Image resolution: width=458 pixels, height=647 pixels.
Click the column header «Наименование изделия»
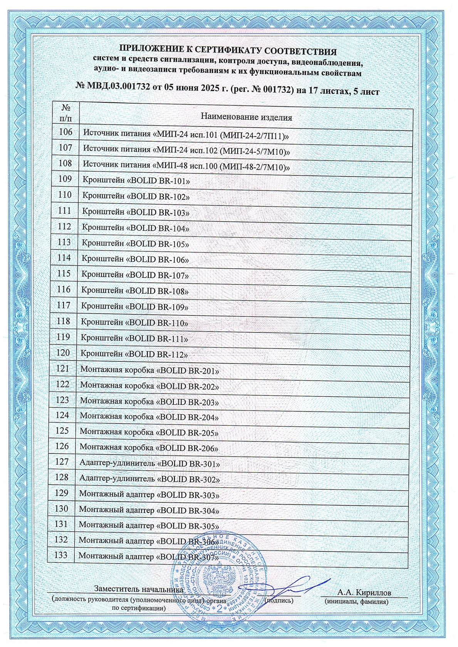(x=247, y=117)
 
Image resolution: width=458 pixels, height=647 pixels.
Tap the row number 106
(x=65, y=132)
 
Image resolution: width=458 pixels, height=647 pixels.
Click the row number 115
(x=64, y=274)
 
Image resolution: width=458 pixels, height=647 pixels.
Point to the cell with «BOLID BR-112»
(x=134, y=354)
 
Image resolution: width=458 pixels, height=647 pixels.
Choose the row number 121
(x=63, y=369)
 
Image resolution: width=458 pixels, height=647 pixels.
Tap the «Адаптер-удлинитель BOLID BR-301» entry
(x=149, y=464)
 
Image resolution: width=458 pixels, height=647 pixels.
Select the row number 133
(x=62, y=555)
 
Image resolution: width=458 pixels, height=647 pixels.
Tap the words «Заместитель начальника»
(x=138, y=589)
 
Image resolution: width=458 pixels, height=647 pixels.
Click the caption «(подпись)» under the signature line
(x=280, y=600)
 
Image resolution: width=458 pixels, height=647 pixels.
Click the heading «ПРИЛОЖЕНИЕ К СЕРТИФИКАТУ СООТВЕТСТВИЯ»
(x=228, y=51)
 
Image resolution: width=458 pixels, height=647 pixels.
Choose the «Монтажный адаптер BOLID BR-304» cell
(x=149, y=511)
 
